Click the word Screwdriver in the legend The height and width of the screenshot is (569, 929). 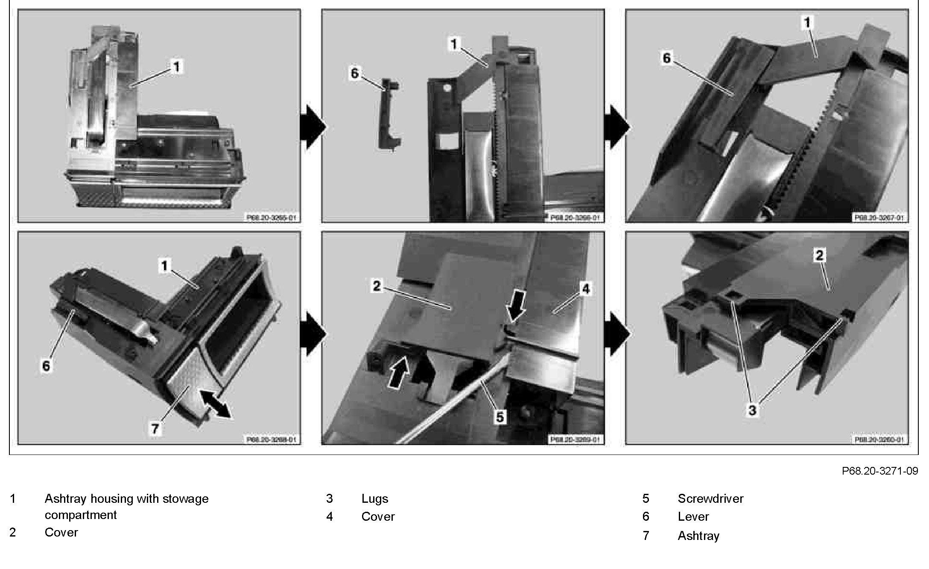(710, 499)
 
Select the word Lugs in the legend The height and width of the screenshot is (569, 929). (374, 499)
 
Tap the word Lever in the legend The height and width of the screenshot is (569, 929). (693, 516)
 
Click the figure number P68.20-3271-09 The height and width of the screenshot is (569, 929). (879, 471)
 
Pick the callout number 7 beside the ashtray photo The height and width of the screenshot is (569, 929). (155, 428)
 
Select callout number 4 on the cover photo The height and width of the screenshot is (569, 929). (586, 289)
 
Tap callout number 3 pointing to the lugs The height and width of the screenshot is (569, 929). (752, 411)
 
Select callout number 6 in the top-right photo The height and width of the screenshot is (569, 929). (667, 58)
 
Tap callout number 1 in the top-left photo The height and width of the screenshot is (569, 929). (176, 67)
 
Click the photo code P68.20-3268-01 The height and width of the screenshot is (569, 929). (271, 439)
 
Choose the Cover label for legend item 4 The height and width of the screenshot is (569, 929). (378, 516)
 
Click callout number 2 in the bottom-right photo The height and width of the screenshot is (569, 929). (819, 256)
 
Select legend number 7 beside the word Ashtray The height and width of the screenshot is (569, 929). (646, 536)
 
